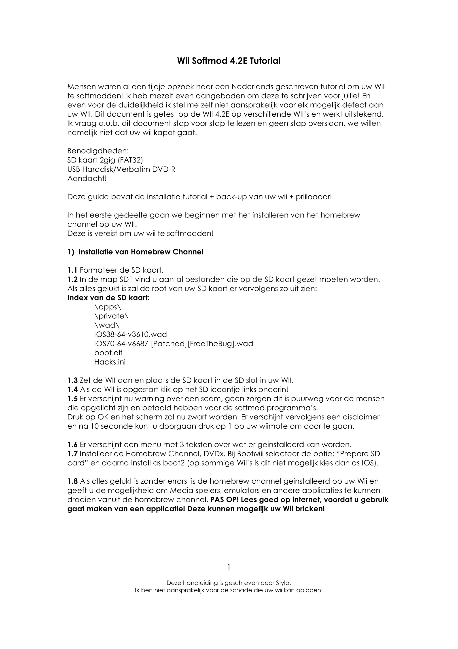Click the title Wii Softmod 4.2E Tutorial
click(x=229, y=61)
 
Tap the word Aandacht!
click(x=87, y=179)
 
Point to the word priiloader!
click(x=314, y=197)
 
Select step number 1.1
click(x=72, y=270)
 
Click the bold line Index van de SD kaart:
click(x=108, y=298)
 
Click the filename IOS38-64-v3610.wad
click(x=131, y=334)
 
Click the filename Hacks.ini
click(x=110, y=362)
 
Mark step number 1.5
click(x=72, y=399)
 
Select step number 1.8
click(x=72, y=481)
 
